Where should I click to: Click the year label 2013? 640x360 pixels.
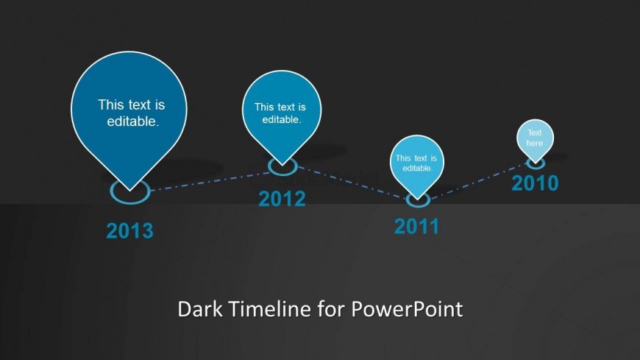(x=129, y=231)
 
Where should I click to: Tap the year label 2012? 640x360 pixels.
(x=282, y=199)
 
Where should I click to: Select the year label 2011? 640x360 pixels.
(x=416, y=226)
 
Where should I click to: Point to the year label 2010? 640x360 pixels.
(x=535, y=183)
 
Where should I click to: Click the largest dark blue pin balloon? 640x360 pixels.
(x=129, y=114)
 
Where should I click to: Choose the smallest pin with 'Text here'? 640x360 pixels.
(x=535, y=139)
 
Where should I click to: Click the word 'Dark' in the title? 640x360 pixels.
(x=200, y=309)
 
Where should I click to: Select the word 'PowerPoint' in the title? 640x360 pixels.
(x=407, y=309)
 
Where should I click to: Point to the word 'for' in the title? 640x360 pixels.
(x=332, y=309)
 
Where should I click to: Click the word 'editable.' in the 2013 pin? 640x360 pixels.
(x=132, y=121)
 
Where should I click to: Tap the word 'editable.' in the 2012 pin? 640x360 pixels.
(x=282, y=120)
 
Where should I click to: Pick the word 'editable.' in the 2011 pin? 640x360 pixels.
(x=418, y=168)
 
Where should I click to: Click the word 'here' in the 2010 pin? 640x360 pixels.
(x=534, y=143)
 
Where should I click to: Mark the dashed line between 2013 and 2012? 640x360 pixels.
(x=210, y=181)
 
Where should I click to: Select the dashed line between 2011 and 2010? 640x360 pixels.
(x=478, y=181)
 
